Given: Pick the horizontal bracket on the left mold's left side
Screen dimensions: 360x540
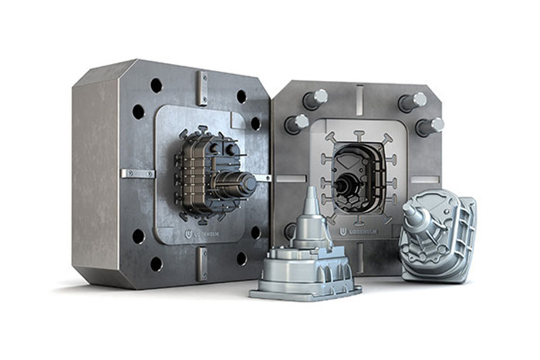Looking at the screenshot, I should [138, 173].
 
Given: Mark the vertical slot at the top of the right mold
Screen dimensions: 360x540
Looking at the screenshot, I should [359, 96].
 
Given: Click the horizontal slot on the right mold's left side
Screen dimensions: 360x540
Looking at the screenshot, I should [288, 179].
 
